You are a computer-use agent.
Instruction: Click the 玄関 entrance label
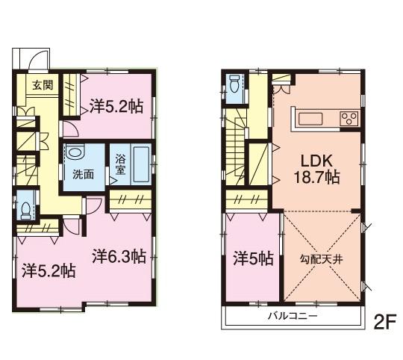tap(42, 84)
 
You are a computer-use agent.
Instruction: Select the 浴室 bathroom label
tap(121, 164)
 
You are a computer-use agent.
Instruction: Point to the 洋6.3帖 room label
tap(119, 257)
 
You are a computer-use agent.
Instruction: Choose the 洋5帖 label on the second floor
tap(252, 258)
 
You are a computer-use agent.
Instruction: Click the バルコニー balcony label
tap(293, 317)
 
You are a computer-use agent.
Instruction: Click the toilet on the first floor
tap(27, 207)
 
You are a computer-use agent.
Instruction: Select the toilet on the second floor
tap(235, 85)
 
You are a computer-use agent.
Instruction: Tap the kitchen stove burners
tap(348, 117)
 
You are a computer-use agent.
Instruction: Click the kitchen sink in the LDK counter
tap(309, 118)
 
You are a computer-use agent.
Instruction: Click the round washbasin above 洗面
tap(75, 153)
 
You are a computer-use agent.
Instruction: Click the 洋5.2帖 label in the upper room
tap(116, 106)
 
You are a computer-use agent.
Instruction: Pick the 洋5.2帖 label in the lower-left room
tap(47, 269)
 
